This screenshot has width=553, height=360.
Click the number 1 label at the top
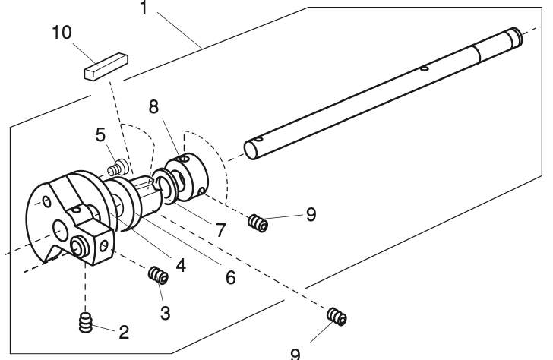145,9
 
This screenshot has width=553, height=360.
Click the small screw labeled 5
117,164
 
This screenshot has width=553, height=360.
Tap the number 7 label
220,229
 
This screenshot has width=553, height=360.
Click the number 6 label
229,277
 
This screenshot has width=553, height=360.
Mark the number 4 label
181,265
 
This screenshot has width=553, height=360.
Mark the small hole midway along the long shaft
422,69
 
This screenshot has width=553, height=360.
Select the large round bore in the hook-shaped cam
61,227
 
